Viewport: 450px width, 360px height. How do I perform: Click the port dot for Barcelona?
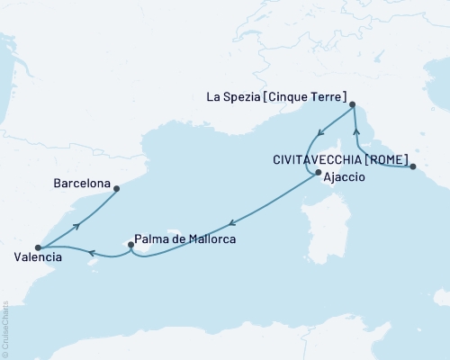pos(116,187)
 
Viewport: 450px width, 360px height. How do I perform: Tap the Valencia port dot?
pos(37,247)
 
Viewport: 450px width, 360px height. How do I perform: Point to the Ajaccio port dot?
pos(317,173)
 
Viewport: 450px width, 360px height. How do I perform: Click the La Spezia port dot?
pos(352,104)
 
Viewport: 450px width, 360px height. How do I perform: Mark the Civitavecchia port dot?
pos(412,166)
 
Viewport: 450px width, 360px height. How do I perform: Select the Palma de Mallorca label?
pos(185,241)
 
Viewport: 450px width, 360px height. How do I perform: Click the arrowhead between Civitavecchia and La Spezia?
pos(357,142)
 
